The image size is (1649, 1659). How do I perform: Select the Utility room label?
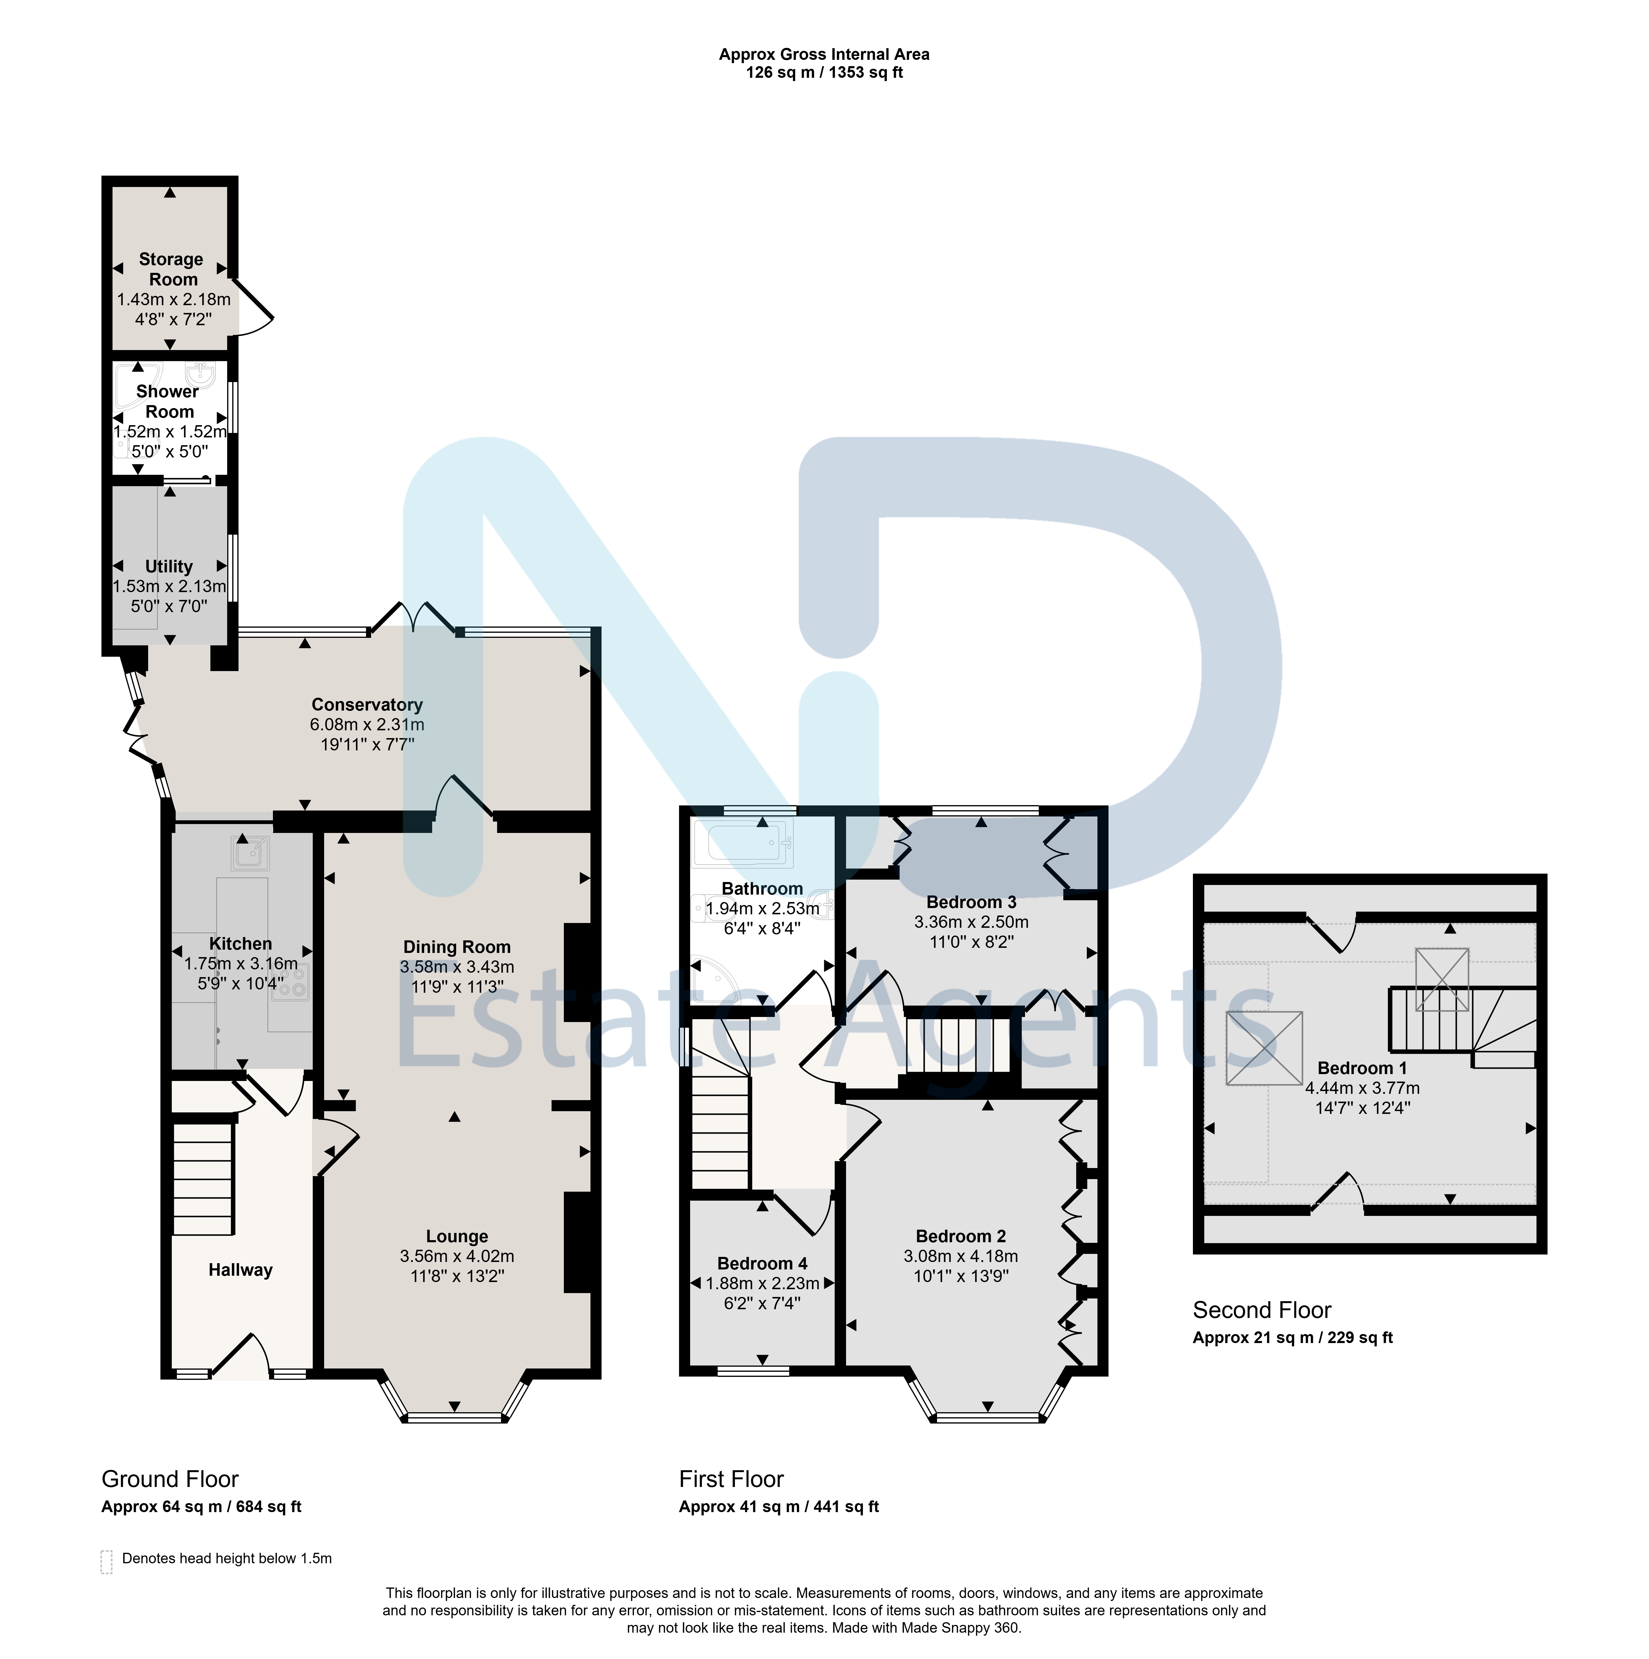pos(169,567)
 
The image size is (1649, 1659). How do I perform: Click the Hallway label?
pos(241,1270)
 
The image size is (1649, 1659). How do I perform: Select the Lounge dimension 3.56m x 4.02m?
pos(457,1256)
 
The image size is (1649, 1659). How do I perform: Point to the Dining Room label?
pos(457,947)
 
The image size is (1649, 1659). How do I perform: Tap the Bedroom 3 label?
pos(971,902)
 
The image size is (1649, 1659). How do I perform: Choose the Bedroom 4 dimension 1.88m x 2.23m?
pos(763,1284)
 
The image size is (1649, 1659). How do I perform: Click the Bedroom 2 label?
pos(961,1237)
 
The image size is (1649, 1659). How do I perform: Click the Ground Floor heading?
pos(170,1479)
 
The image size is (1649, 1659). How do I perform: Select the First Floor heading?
pos(732,1479)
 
